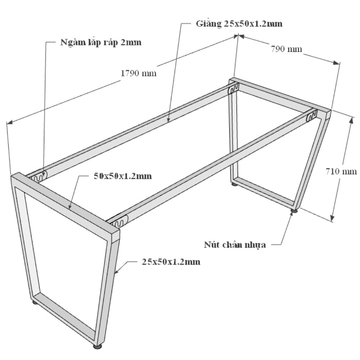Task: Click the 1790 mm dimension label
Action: [x=139, y=73]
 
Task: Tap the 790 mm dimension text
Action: [x=286, y=49]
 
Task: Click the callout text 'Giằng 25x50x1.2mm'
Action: [x=239, y=23]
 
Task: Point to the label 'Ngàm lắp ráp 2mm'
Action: [x=101, y=42]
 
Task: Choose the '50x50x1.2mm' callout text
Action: [x=123, y=176]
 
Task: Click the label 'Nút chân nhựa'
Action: [x=235, y=244]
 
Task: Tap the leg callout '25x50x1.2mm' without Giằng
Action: [x=171, y=262]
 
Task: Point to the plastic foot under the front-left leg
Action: [x=35, y=302]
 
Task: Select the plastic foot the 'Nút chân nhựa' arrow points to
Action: [x=294, y=210]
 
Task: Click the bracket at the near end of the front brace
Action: [x=119, y=221]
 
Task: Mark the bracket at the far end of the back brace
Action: [x=234, y=89]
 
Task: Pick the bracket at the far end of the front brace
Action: [x=312, y=116]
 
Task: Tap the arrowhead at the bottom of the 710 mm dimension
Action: [x=332, y=219]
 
